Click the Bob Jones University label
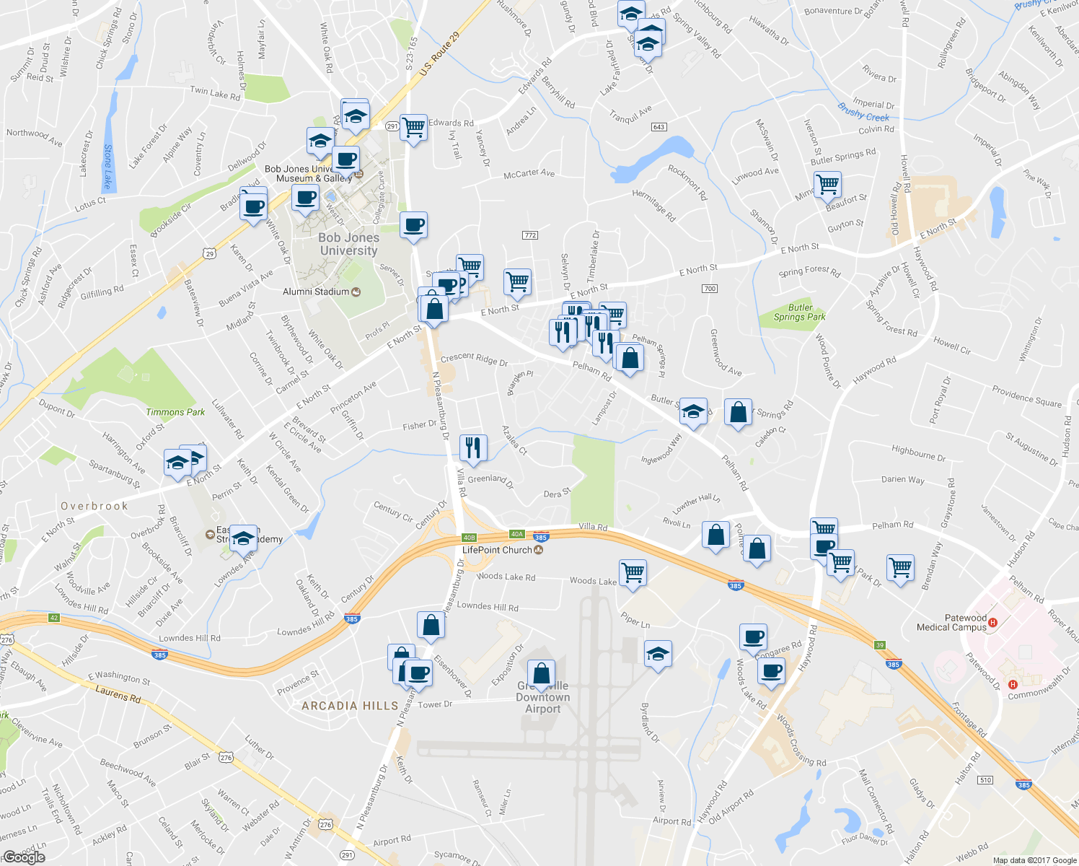(348, 244)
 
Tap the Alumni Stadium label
(316, 292)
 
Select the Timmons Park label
(175, 412)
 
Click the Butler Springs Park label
(799, 312)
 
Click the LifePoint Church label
(497, 550)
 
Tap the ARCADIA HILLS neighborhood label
(350, 706)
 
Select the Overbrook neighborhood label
(94, 506)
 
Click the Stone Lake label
(108, 166)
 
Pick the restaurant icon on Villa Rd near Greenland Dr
(473, 447)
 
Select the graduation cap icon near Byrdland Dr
(657, 654)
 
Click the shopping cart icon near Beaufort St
(828, 184)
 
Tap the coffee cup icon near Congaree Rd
(753, 637)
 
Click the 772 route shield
(530, 235)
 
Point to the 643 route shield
(659, 127)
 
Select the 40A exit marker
(516, 534)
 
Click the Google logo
(24, 857)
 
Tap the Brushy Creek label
(863, 113)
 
